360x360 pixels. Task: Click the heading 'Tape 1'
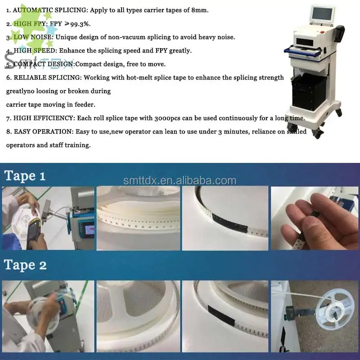(x=25, y=175)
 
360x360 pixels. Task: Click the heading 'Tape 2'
(x=25, y=265)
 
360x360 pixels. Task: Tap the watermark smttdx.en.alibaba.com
(x=180, y=180)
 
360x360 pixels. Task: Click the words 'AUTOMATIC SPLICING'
(x=41, y=10)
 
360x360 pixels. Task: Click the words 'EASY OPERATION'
(x=38, y=131)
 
